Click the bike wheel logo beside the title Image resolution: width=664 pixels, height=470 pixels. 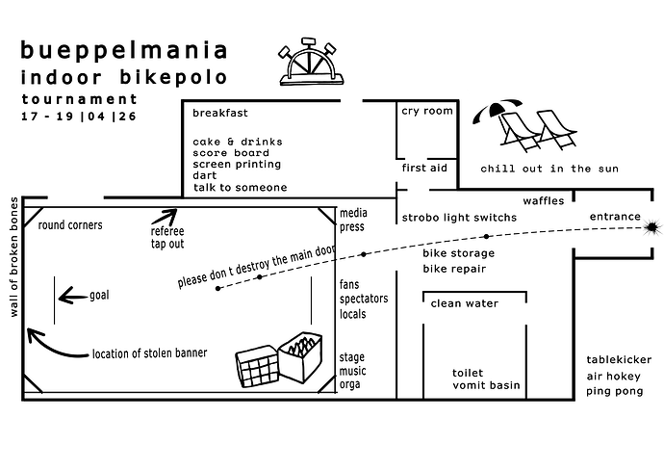click(x=307, y=65)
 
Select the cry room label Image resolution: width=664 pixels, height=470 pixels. click(x=426, y=111)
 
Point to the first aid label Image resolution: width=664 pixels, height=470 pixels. click(x=424, y=168)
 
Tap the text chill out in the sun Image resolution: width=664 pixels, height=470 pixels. click(x=549, y=169)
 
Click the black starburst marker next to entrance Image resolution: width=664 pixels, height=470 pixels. click(x=653, y=227)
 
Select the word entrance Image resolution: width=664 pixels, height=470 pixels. click(x=614, y=217)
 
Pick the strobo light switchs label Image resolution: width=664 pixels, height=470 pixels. click(x=459, y=218)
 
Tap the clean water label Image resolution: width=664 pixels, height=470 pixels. click(x=464, y=304)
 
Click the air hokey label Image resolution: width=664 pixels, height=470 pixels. click(x=615, y=378)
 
